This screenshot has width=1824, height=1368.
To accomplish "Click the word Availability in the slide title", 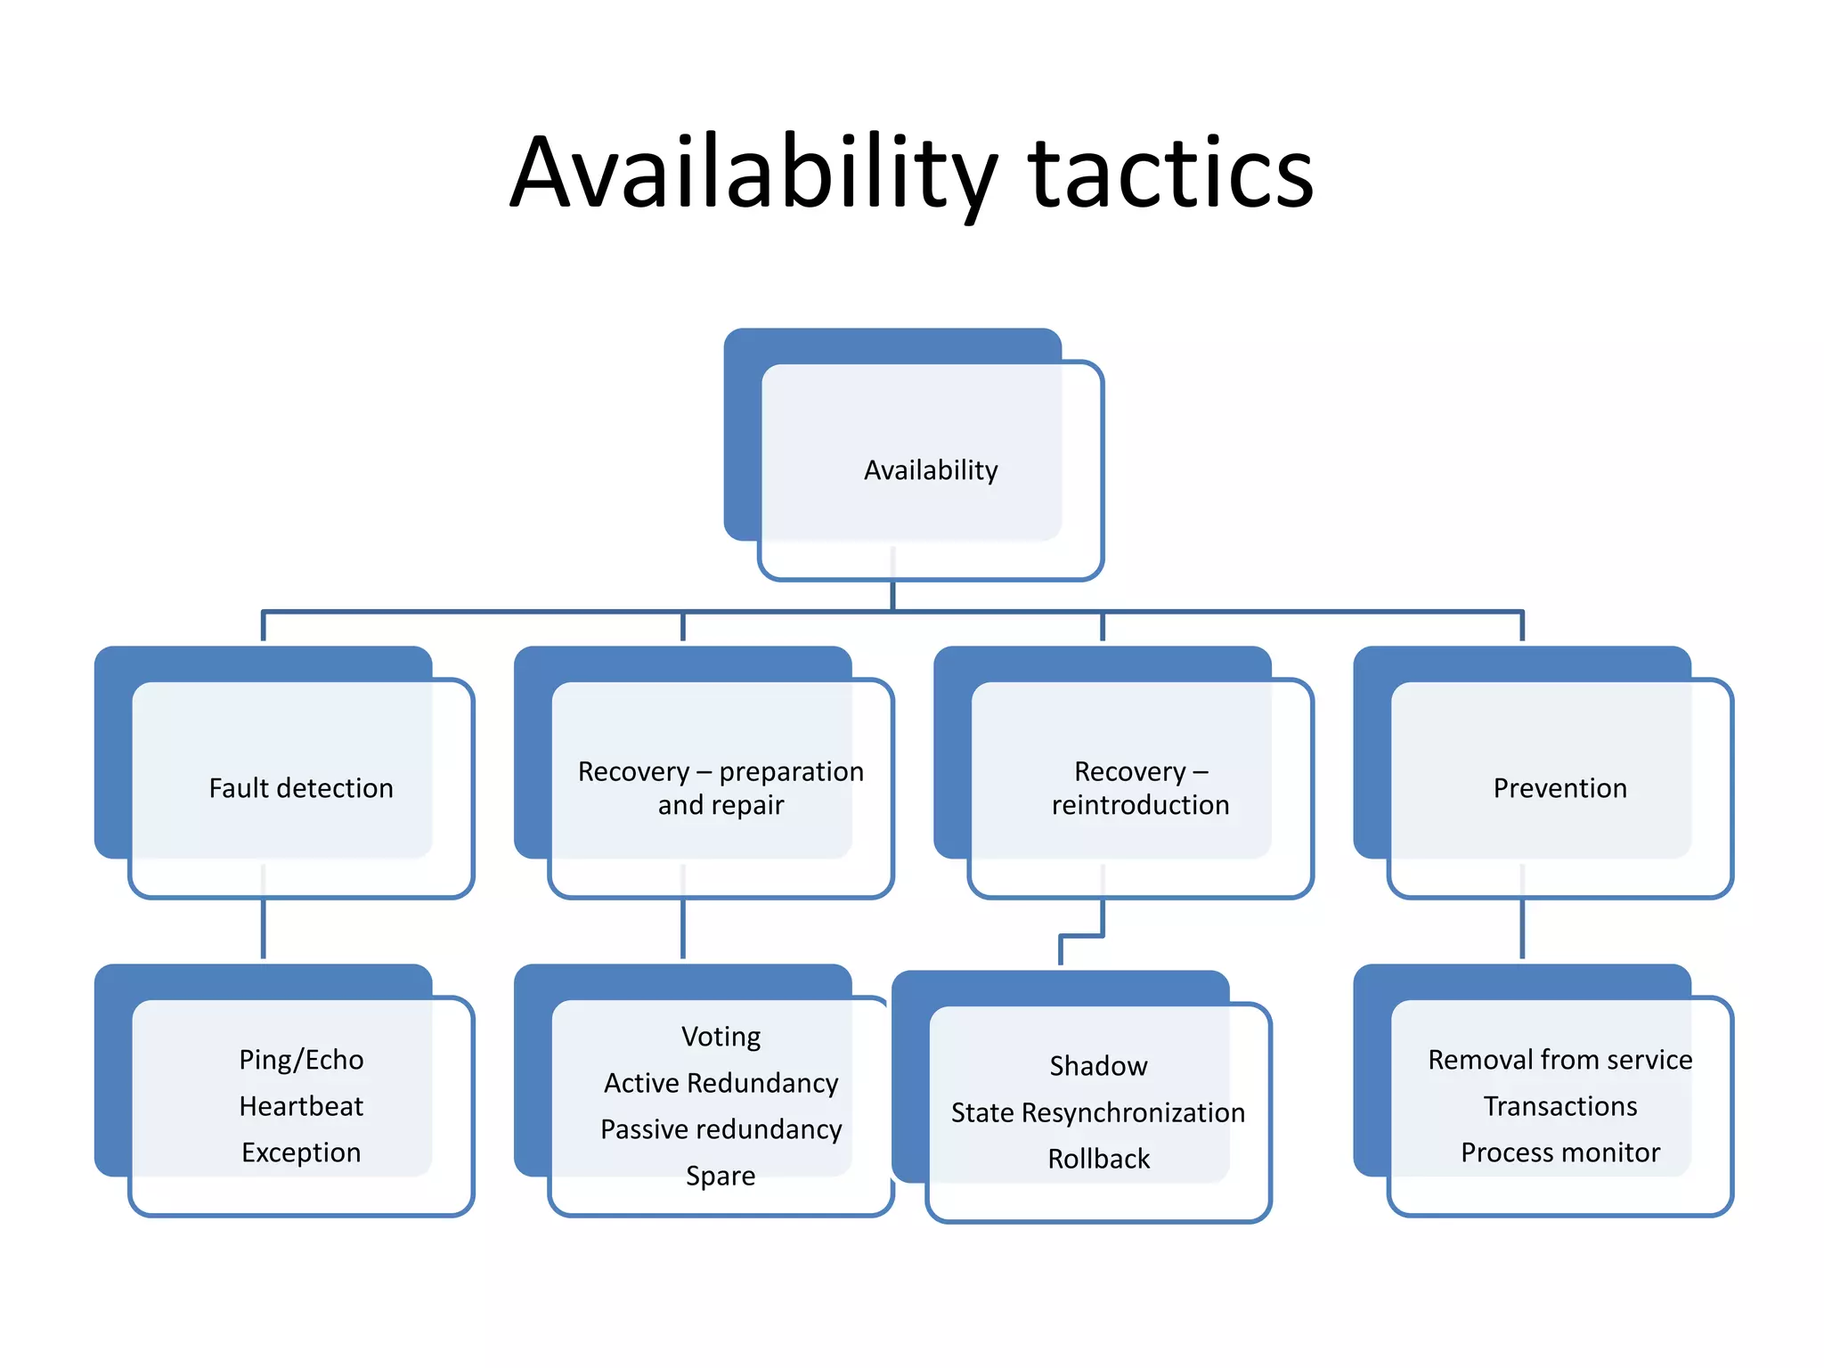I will [753, 173].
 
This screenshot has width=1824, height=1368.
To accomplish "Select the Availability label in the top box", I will [931, 470].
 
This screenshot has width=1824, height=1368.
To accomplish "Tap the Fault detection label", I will [301, 788].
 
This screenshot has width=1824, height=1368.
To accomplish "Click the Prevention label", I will [1559, 788].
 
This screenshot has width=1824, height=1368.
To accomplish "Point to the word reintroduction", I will [1140, 805].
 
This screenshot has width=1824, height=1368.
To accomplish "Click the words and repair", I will [721, 805].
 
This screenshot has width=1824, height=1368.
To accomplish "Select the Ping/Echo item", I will [301, 1060].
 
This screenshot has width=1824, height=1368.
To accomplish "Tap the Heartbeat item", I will [301, 1106].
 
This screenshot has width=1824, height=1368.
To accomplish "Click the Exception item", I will [301, 1152].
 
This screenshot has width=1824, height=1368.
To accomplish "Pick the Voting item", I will [721, 1037].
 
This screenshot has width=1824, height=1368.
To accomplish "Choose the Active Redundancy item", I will [721, 1083].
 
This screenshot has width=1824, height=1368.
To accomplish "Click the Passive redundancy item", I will [721, 1129].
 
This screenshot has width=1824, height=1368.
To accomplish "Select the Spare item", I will [721, 1176].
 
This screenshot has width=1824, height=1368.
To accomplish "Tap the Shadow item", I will [1098, 1066].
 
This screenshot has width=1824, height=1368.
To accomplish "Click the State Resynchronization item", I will [1098, 1112].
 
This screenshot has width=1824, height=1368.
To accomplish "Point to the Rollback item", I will [1098, 1159].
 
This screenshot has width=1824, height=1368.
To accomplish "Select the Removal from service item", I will [1559, 1060].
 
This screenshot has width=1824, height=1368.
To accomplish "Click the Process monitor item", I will [1559, 1152].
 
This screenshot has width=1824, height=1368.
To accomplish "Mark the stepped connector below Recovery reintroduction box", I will [1082, 936].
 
